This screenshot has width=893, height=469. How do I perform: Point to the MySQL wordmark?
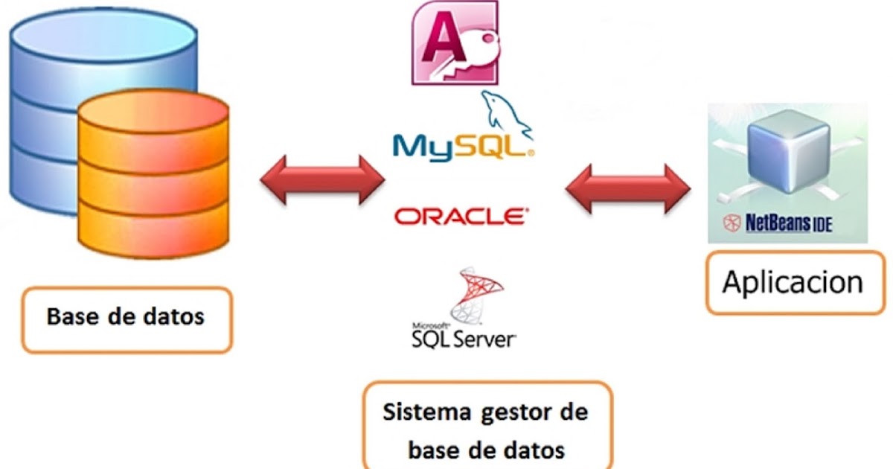click(x=461, y=146)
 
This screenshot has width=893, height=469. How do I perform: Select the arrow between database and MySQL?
click(x=321, y=179)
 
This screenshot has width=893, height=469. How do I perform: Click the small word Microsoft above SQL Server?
click(x=430, y=326)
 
